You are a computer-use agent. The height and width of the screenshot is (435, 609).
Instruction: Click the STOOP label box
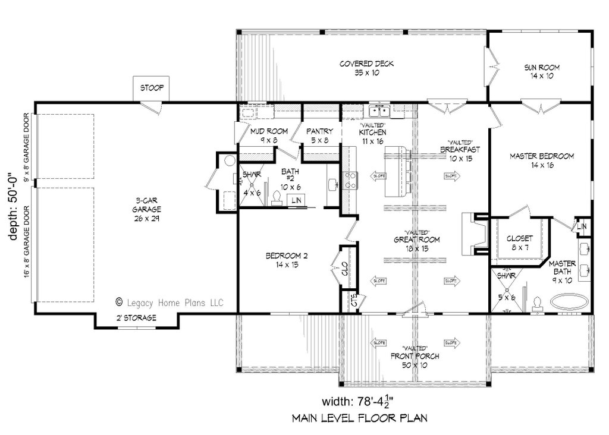tap(152, 89)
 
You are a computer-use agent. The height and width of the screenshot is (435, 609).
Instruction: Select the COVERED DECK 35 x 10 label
tap(366, 68)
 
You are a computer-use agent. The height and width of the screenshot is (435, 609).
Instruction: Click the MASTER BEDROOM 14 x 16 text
tap(541, 160)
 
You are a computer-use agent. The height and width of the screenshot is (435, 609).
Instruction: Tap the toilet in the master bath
tap(537, 303)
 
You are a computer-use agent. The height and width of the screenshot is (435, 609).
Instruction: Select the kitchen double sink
tap(378, 110)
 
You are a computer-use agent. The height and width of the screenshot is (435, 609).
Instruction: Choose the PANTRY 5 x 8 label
tap(319, 135)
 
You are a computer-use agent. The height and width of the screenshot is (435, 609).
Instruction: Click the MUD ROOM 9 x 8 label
tap(269, 135)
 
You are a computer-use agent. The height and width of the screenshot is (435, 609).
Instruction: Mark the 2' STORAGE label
tap(136, 318)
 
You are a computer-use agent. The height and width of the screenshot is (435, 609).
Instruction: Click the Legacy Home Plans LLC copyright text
tap(169, 302)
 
